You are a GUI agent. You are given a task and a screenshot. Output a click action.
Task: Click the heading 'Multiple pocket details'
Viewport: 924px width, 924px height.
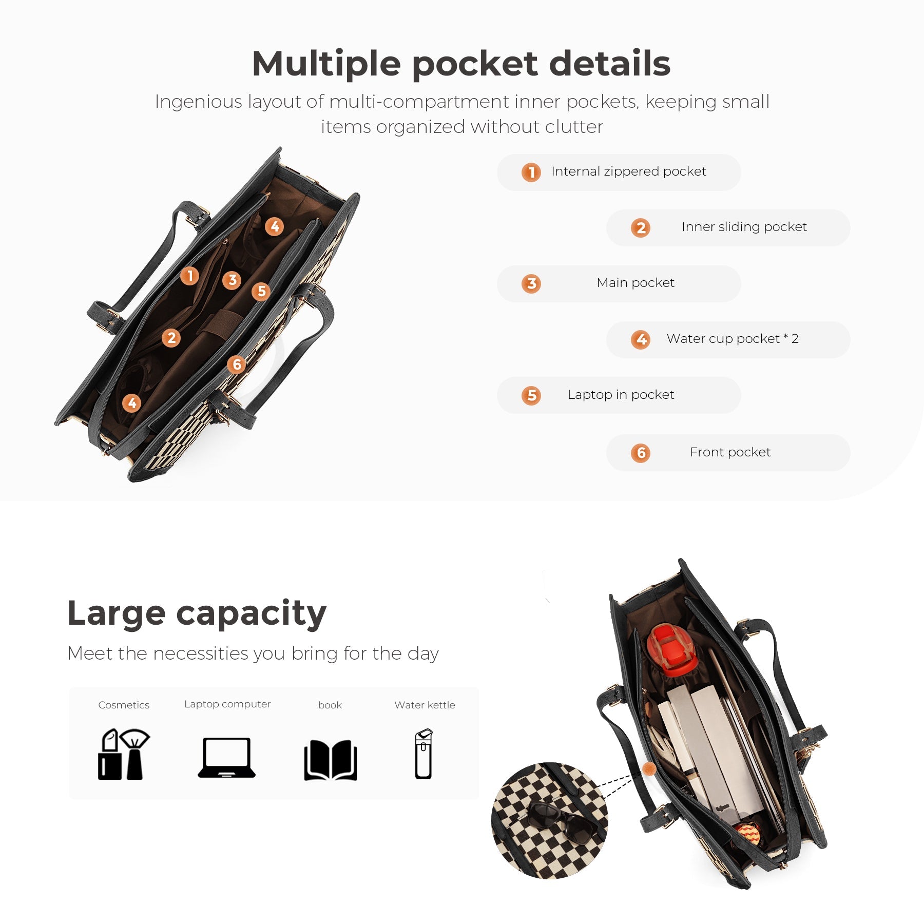tap(461, 64)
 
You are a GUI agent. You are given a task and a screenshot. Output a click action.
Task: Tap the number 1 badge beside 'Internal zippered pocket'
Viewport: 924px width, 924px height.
tap(531, 172)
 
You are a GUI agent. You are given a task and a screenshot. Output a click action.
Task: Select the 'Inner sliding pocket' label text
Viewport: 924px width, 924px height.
tap(744, 227)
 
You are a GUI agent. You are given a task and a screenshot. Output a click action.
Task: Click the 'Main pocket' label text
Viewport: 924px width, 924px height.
tap(636, 283)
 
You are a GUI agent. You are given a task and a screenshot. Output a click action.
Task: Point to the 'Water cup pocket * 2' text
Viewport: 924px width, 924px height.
tap(733, 339)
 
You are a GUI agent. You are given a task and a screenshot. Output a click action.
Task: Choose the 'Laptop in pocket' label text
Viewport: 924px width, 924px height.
tap(621, 395)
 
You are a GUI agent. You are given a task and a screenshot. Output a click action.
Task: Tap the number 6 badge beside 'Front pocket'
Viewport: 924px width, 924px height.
tap(641, 453)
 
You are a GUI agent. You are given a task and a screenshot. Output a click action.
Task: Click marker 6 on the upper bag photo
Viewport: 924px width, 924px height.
tap(237, 364)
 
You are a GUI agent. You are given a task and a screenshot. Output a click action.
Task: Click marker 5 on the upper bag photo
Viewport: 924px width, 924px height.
tap(261, 292)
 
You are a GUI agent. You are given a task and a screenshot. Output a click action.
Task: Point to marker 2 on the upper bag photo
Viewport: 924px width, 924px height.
tap(171, 338)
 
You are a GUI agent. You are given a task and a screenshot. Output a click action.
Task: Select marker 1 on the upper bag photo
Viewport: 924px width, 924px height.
tap(190, 276)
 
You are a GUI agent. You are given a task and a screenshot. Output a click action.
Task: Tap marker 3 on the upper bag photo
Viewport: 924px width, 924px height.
tap(232, 280)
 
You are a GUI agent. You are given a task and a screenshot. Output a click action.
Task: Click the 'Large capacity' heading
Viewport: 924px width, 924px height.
tap(197, 613)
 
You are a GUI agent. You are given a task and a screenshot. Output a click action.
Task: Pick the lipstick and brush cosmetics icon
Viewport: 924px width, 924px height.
tap(124, 754)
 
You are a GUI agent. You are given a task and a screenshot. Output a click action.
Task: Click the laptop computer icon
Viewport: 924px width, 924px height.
tap(227, 758)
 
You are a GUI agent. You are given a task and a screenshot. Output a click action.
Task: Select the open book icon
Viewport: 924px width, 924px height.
tap(330, 760)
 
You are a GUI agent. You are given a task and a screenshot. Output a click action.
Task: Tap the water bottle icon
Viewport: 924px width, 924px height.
tap(423, 754)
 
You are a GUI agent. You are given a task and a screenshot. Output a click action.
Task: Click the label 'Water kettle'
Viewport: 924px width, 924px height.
tap(425, 705)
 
